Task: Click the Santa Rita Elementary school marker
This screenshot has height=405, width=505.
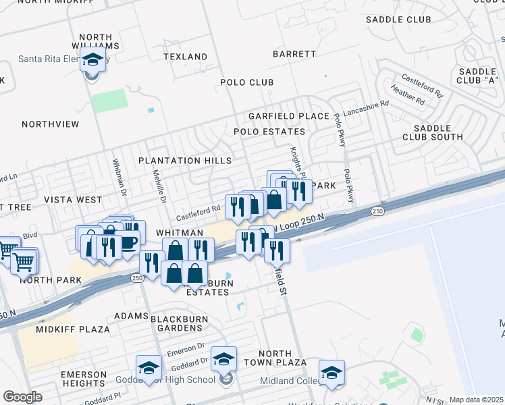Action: (92, 59)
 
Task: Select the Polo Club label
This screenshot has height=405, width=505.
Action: (247, 82)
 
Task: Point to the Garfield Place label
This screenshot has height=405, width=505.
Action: (288, 116)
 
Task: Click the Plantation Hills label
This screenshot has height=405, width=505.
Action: (185, 161)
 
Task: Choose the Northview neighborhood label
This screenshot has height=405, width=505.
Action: (51, 124)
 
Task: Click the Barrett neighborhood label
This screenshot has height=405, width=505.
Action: (294, 53)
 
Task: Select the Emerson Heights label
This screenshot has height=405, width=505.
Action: (84, 379)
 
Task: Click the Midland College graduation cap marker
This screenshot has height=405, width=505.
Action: (331, 373)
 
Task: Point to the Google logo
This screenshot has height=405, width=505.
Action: (22, 397)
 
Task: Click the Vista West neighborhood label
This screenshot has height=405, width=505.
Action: (73, 200)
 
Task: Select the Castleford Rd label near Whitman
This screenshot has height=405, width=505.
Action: (198, 213)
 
